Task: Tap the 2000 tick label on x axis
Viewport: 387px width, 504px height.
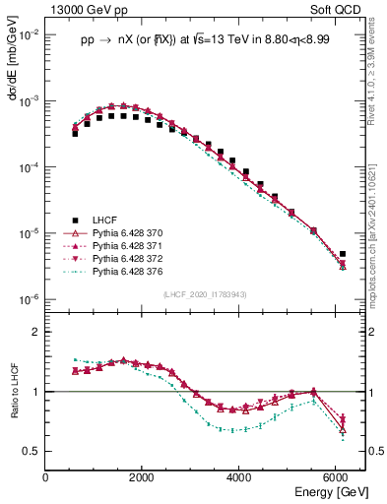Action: (x=143, y=477)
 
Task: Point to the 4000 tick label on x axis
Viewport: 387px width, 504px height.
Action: (x=240, y=477)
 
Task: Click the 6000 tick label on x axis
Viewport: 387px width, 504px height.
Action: (x=337, y=477)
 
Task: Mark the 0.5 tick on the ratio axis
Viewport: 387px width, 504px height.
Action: (x=32, y=451)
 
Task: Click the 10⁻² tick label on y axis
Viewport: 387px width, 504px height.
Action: (x=29, y=34)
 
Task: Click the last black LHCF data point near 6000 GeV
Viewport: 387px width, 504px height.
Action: (x=342, y=254)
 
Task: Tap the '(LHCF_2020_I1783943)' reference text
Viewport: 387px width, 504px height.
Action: (x=205, y=295)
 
